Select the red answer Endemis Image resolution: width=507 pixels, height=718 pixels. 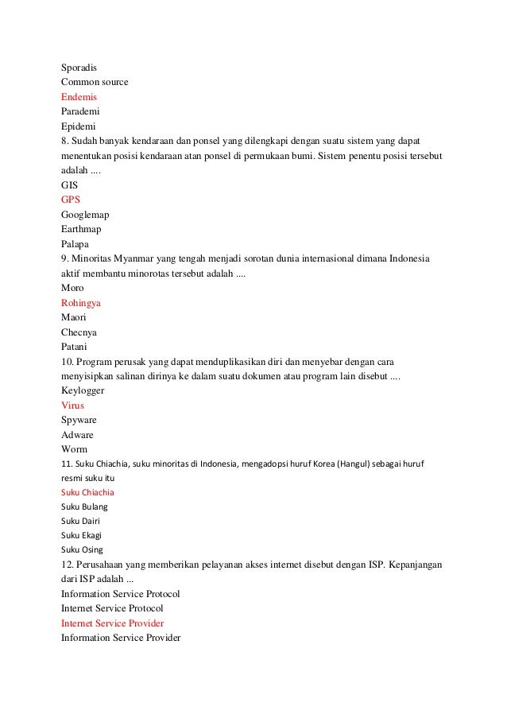pos(79,96)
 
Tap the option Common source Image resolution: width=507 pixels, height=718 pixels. pos(95,82)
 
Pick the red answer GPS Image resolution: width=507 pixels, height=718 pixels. pos(71,200)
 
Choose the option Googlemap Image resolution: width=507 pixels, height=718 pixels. pos(85,215)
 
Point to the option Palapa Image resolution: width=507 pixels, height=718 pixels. pos(75,244)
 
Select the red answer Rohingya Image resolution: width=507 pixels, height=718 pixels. pos(80,303)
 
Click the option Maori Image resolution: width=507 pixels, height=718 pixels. pos(74,317)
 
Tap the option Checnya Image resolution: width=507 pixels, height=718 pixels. pos(79,332)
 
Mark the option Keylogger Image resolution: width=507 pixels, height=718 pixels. pos(83,390)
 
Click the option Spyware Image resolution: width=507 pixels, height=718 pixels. pos(79,421)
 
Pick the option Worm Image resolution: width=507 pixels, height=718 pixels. pos(74,450)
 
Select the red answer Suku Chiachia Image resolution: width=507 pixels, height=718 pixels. pos(87,492)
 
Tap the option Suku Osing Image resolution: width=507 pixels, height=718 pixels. pos(82,549)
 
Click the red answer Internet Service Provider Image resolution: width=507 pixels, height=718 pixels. pos(112,623)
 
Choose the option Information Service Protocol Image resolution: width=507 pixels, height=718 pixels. pos(120,593)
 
